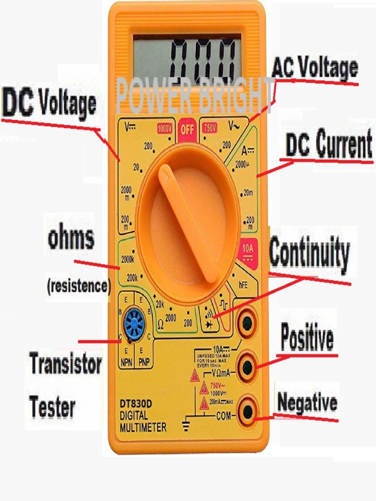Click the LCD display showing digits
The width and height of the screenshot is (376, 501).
(187, 57)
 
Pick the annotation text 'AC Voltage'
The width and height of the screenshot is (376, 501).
(314, 69)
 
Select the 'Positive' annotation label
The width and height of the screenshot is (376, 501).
(307, 338)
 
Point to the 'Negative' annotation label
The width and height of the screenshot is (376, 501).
(307, 403)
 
